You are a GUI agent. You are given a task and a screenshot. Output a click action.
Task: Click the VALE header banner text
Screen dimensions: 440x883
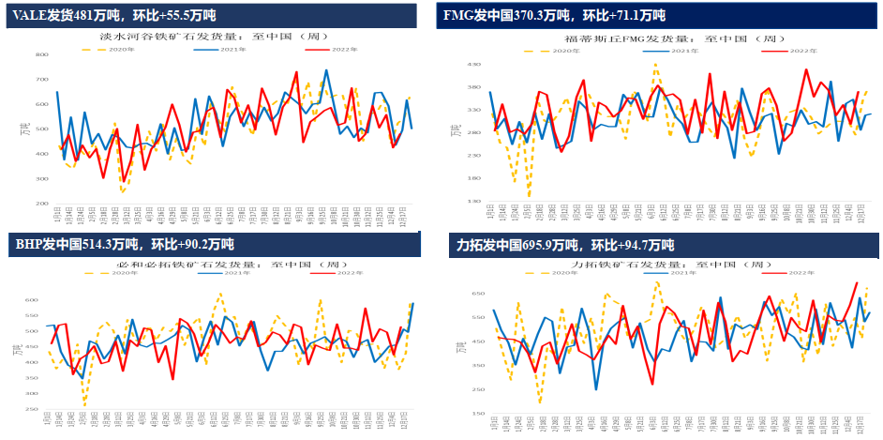point(115,15)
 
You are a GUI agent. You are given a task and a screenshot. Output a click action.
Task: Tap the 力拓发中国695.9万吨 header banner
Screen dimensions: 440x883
point(564,246)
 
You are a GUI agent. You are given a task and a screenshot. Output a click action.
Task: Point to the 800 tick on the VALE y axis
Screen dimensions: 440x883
point(42,55)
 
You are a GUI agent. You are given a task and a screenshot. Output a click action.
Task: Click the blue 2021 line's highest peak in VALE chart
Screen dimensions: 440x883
point(326,70)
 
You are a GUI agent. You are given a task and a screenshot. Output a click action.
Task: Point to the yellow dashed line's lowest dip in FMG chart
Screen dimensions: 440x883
point(530,196)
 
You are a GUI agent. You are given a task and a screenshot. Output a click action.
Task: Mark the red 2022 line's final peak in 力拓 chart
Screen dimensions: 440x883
point(856,282)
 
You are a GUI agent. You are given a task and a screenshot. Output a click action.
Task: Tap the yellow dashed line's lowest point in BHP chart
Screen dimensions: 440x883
point(84,403)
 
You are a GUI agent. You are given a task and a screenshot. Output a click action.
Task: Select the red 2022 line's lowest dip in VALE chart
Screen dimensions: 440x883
point(124,182)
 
